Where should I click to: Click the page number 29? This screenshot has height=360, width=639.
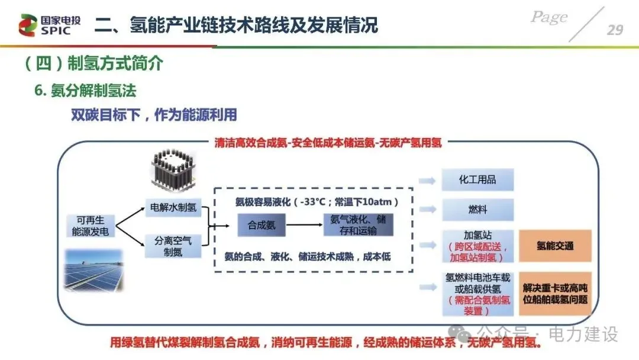[x=615, y=29]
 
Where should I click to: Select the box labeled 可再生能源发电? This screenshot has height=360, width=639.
[x=90, y=225]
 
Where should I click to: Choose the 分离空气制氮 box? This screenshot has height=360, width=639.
[x=174, y=246]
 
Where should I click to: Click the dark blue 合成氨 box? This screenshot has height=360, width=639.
[x=261, y=225]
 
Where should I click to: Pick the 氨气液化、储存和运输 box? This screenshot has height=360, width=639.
[x=357, y=225]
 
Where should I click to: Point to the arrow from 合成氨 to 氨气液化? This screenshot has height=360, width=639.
[x=304, y=225]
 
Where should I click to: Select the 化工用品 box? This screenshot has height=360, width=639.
[x=477, y=180]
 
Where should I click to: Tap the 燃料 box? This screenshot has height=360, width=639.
[x=477, y=210]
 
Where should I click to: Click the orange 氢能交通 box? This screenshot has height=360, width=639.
[x=555, y=246]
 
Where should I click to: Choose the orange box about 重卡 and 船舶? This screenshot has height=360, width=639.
[x=555, y=293]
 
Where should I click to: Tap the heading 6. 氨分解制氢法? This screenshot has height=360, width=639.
[x=85, y=91]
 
